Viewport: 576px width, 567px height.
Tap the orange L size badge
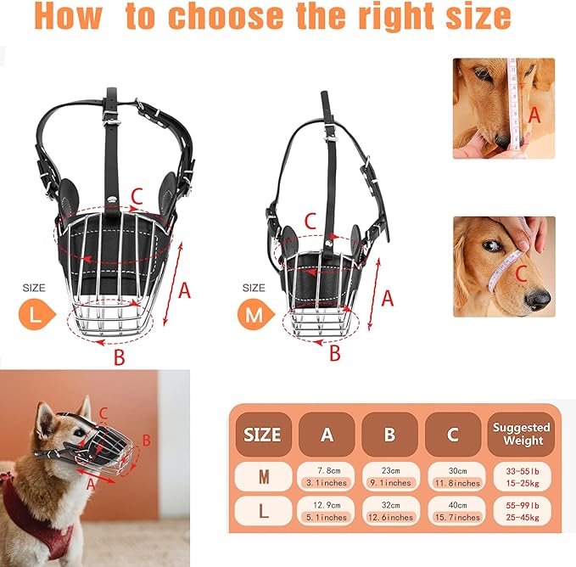tap(36, 315)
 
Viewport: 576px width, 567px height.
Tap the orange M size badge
tap(255, 315)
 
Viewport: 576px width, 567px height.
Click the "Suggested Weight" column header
tap(521, 434)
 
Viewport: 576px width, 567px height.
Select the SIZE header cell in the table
tap(263, 435)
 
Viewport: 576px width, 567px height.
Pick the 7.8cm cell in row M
tap(327, 477)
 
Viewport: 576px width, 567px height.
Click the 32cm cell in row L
tap(390, 511)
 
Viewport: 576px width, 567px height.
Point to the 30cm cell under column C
tap(457, 477)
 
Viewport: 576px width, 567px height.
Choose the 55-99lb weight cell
tap(523, 511)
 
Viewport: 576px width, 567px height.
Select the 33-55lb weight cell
tap(523, 477)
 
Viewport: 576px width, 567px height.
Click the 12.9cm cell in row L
tap(327, 511)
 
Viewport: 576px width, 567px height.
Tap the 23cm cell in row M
tap(390, 477)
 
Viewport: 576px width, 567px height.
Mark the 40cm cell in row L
tap(457, 511)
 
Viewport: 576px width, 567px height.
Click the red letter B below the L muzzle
tap(120, 356)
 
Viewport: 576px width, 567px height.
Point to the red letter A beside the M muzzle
tap(387, 298)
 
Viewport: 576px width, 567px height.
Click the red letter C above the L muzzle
tap(137, 197)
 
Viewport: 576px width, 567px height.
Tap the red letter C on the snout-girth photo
tap(521, 274)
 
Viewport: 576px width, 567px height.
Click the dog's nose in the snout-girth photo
tap(539, 298)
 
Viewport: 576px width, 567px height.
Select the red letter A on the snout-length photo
tap(534, 115)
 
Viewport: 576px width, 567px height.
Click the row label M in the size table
tap(264, 477)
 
